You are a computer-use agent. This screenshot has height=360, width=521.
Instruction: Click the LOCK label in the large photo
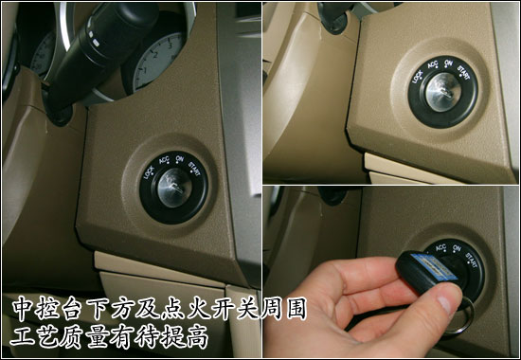[x=149, y=172]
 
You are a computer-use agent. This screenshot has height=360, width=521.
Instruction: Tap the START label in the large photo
[x=194, y=168]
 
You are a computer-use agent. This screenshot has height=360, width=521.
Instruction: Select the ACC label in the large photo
[x=164, y=160]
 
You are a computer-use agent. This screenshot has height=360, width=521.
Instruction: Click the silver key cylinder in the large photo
[x=175, y=188]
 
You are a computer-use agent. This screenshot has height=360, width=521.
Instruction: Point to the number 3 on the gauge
[x=170, y=46]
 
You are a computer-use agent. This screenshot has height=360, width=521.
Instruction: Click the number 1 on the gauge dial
[x=144, y=70]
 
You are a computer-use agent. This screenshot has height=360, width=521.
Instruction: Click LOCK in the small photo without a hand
[x=417, y=77]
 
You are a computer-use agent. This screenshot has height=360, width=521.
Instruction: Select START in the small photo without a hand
[x=463, y=73]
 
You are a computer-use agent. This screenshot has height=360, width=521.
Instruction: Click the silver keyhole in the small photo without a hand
[x=443, y=92]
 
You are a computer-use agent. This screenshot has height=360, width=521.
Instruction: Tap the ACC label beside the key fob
[x=440, y=247]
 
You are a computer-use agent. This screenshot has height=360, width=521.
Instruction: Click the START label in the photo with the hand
[x=472, y=260]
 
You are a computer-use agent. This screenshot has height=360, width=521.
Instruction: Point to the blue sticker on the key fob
[x=433, y=266]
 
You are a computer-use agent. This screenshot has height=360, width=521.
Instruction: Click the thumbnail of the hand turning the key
[x=390, y=272]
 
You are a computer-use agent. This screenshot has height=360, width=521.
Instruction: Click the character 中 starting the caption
[x=23, y=309]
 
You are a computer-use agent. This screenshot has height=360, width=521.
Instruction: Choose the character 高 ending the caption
[x=197, y=336]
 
